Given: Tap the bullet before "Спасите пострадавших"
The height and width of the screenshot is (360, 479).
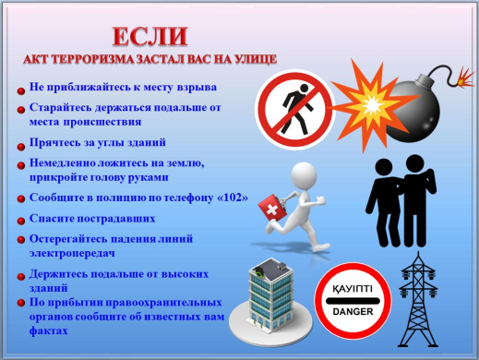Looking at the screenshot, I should (21, 220).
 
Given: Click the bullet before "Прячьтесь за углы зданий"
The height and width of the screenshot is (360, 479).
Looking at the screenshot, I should (21, 145).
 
